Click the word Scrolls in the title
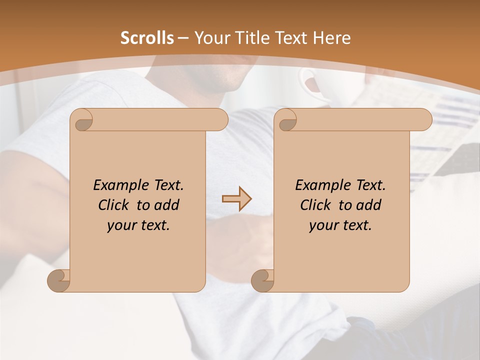147,38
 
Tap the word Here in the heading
332,38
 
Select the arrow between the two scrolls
236,199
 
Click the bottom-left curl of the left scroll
59,280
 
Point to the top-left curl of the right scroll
286,120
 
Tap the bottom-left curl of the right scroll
262,280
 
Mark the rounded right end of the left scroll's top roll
220,120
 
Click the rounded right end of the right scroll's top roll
424,120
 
